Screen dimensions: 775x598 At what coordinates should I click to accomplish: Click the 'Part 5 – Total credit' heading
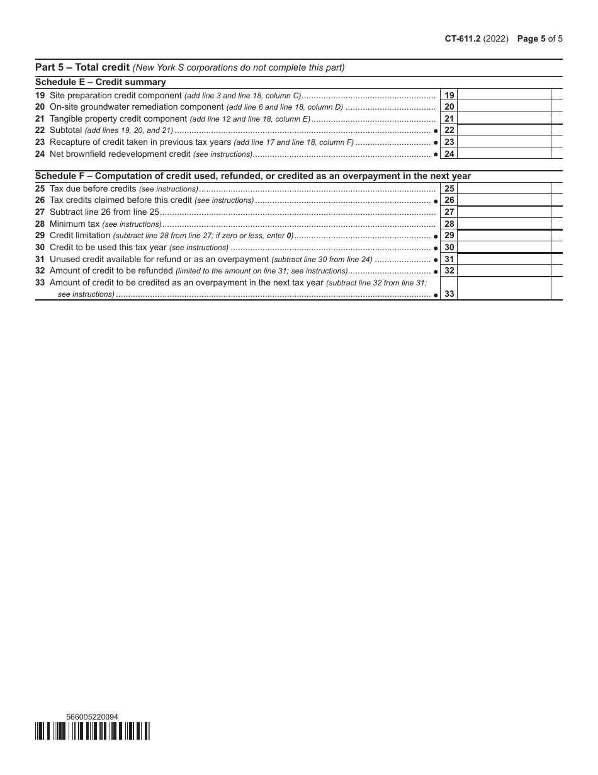click(x=82, y=67)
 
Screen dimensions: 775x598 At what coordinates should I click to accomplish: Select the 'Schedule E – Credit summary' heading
click(x=101, y=82)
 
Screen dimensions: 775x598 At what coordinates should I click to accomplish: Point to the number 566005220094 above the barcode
click(x=92, y=716)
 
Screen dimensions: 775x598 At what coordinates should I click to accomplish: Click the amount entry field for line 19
click(x=504, y=95)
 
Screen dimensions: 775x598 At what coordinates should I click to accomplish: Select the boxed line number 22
click(x=449, y=130)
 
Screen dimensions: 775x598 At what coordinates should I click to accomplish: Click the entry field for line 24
click(x=504, y=154)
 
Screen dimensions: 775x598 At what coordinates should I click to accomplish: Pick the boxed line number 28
click(x=449, y=224)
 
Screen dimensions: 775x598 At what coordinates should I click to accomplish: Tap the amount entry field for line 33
click(x=504, y=289)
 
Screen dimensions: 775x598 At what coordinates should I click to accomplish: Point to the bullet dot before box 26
click(x=436, y=201)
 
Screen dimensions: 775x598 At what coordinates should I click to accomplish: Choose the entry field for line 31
click(x=504, y=259)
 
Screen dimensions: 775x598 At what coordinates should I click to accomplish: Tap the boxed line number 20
click(x=449, y=107)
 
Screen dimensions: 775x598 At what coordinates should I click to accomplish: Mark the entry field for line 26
click(x=504, y=200)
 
